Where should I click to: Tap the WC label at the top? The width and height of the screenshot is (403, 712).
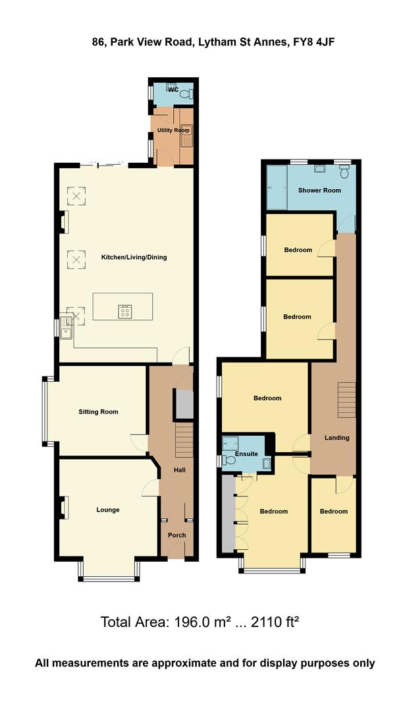(173, 89)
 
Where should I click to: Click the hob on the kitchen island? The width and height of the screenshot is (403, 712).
(124, 311)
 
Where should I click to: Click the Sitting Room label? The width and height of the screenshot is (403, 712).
(98, 412)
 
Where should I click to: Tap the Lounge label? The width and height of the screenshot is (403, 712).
(108, 510)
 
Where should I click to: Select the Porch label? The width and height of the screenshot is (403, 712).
(176, 535)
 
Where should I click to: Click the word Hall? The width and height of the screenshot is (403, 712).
(179, 470)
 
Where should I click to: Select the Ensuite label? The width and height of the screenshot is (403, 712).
(246, 454)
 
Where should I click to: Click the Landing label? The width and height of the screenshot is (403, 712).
(337, 438)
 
